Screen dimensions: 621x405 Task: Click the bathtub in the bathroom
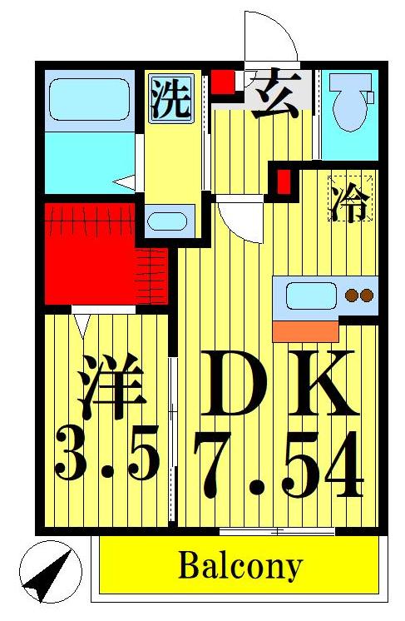coord(87,101)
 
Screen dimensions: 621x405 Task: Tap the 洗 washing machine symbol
coord(170,98)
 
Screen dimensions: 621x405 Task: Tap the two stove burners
coord(358,294)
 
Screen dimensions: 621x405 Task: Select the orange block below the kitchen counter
coord(306,330)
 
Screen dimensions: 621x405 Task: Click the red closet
coord(91,254)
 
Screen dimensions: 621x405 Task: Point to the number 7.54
coord(279,466)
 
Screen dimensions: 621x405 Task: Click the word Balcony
coord(240,568)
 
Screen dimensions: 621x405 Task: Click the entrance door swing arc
coord(270,37)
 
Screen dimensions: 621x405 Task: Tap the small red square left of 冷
coord(284,180)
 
